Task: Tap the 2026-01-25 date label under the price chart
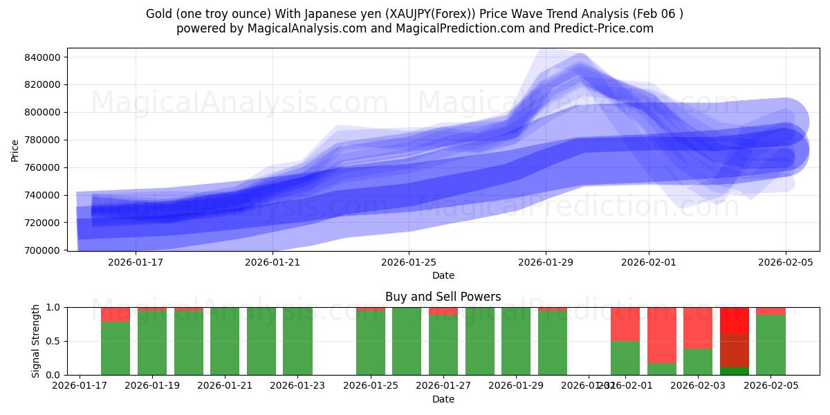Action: (408, 262)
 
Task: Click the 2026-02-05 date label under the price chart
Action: (786, 262)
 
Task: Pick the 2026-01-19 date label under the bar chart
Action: (152, 385)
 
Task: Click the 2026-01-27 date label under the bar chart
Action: (443, 385)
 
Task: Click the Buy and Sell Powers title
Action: (443, 297)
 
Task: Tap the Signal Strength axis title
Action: (36, 340)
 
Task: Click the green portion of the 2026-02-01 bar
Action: (625, 358)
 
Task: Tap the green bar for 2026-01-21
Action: (225, 341)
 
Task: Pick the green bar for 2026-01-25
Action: (371, 342)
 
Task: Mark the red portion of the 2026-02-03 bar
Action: (698, 328)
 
